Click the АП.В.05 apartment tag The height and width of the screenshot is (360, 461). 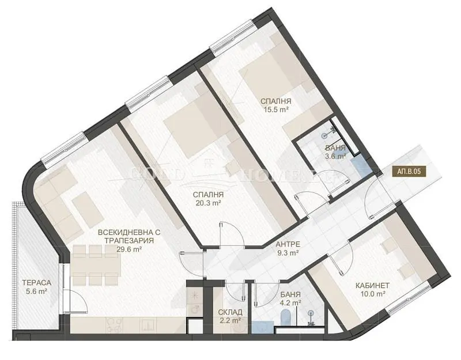pyautogui.click(x=409, y=172)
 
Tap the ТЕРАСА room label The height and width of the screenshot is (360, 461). pyautogui.click(x=37, y=283)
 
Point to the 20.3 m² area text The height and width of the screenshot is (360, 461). pyautogui.click(x=209, y=203)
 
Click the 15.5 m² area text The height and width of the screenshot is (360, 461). pyautogui.click(x=276, y=109)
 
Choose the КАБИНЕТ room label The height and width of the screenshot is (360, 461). pyautogui.click(x=372, y=285)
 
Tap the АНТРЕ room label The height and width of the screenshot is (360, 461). pyautogui.click(x=288, y=244)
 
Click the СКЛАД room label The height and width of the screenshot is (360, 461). pyautogui.click(x=231, y=312)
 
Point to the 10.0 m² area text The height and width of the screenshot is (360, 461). pyautogui.click(x=372, y=294)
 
